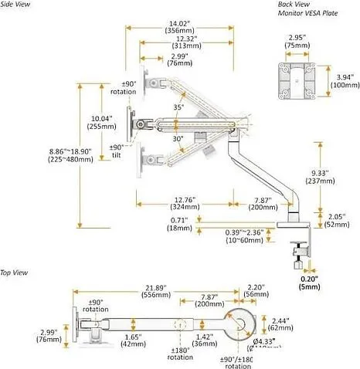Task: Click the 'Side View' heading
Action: [x=17, y=4]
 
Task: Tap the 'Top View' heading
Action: [x=15, y=273]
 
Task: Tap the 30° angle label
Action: [x=178, y=138]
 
